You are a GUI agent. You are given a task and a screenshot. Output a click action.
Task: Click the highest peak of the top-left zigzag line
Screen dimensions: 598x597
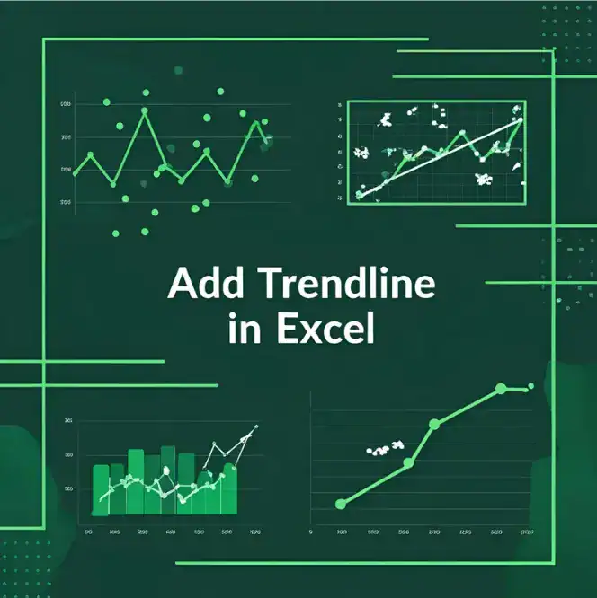[x=143, y=112]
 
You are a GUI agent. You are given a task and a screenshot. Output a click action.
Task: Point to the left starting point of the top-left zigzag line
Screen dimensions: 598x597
[x=75, y=173]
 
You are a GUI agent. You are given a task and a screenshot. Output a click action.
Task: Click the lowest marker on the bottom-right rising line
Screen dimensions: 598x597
[x=340, y=504]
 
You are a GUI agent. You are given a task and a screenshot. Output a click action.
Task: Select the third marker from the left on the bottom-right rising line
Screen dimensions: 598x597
[x=434, y=423]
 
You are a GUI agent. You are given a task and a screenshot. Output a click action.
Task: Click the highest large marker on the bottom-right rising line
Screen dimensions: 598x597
[x=502, y=389]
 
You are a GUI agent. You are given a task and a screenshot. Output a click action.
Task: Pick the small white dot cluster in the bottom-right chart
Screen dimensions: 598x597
[x=383, y=448]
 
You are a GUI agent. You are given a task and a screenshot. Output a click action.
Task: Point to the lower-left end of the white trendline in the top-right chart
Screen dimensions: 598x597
[x=360, y=194]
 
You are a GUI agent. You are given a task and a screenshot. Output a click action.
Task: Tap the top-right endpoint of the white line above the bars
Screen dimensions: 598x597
[x=256, y=427]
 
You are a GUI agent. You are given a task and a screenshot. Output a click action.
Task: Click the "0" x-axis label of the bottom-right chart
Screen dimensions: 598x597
[x=311, y=532]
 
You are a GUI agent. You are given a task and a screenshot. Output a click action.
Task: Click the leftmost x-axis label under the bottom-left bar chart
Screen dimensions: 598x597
[x=88, y=532]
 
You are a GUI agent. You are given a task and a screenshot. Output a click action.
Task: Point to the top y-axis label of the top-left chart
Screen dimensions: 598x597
[x=66, y=105]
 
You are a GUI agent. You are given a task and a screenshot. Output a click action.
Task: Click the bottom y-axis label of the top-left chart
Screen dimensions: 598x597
[x=66, y=203]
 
